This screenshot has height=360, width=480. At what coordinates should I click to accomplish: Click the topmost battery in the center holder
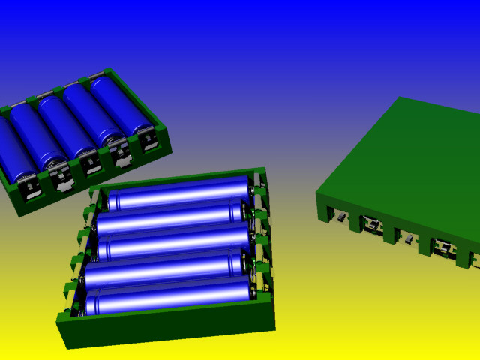tap(180, 197)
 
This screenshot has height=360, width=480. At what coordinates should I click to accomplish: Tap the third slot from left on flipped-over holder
tap(409, 239)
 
